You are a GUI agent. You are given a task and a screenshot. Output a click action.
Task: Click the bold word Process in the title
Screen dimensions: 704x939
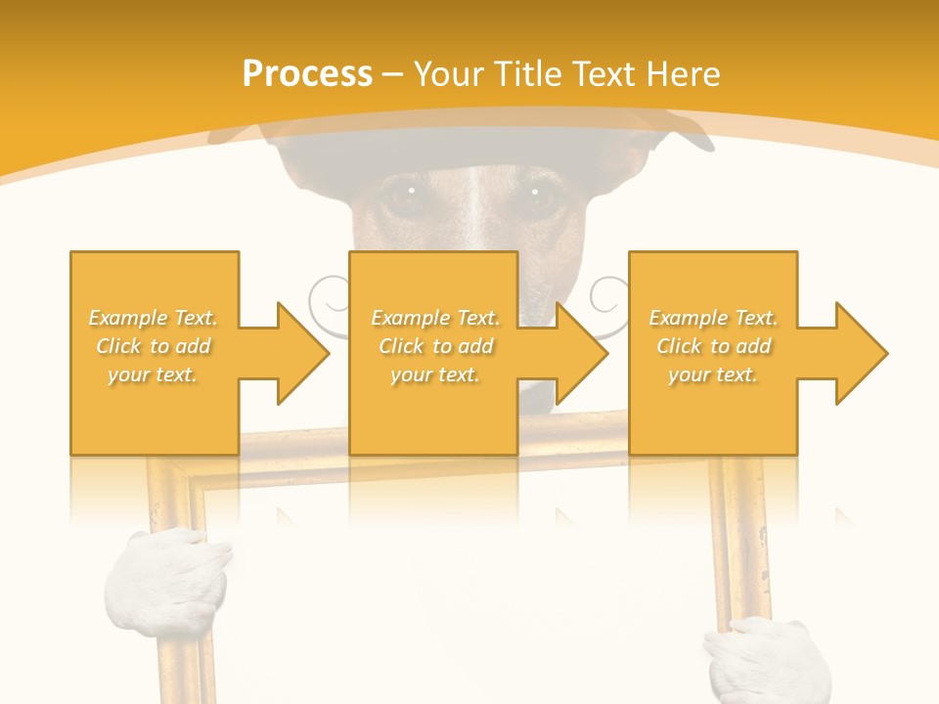307,74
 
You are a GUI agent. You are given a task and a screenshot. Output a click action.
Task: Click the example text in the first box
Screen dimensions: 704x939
154,346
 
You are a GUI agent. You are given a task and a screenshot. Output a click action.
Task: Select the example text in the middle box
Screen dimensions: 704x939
434,346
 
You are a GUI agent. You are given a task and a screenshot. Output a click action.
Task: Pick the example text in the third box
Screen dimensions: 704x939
713,346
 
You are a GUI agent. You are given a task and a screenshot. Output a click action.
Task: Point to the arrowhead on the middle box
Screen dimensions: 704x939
576,353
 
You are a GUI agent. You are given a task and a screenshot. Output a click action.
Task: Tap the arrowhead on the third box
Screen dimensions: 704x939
856,353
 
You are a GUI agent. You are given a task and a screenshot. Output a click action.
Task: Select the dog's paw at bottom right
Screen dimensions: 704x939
764,661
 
